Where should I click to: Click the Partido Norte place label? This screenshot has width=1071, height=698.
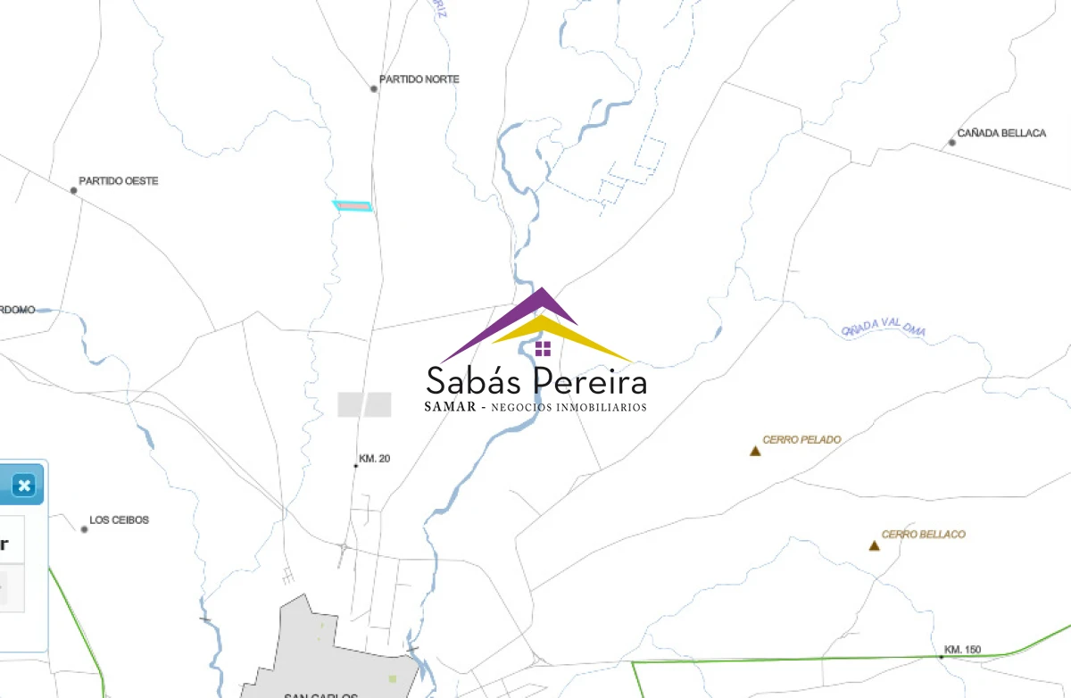419,79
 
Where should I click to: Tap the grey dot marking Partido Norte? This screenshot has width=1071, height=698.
374,88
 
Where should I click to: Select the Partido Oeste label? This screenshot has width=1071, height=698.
118,181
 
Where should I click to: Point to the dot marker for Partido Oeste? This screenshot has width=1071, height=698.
74,190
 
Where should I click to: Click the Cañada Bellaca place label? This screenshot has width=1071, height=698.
1001,133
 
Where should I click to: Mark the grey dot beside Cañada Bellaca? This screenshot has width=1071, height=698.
951,143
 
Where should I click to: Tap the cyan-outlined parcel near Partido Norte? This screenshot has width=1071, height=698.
353,206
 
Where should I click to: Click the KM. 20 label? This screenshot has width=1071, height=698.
374,459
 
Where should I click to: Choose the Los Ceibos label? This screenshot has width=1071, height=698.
119,519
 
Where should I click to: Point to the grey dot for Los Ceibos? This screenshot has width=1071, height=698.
85,529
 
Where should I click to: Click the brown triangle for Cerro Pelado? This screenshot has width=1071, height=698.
755,451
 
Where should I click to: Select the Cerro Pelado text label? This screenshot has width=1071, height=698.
801,440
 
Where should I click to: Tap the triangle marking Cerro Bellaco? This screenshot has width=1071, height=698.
874,545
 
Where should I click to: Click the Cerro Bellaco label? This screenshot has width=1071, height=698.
923,535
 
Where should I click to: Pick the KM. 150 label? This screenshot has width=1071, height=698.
963,649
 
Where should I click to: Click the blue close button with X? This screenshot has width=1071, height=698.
24,486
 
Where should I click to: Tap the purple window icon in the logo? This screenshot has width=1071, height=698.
543,348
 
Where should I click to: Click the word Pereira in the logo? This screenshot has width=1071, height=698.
590,382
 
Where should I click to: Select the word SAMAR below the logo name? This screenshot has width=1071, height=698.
449,408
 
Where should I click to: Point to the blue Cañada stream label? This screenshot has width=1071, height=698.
884,330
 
